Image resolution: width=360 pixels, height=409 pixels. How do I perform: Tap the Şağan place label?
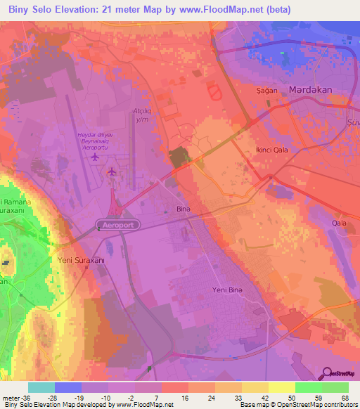point(264,91)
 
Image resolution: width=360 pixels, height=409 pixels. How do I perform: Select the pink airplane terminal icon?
point(112,171)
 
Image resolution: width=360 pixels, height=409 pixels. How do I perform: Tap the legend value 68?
point(345,398)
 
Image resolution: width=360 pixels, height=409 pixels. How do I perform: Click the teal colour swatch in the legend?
point(41,387)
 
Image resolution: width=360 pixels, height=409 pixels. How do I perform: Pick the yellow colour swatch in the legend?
point(281,387)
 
